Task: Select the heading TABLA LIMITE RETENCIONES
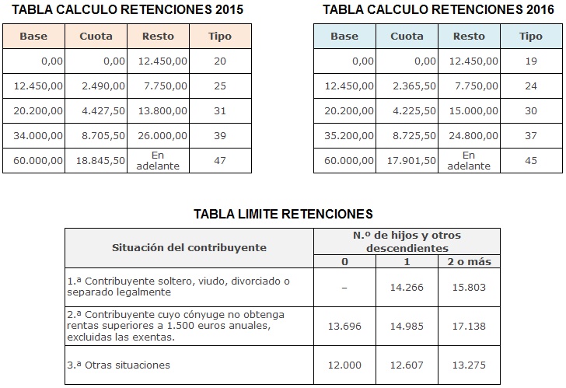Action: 283,213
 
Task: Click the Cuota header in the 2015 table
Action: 96,37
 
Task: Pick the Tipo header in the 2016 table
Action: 530,37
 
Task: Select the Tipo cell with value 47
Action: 220,160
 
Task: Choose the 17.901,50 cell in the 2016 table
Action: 413,160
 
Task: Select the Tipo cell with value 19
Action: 531,61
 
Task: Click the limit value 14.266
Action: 408,286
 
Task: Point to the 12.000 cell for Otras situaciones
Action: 345,364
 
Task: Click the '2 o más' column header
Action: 470,261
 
